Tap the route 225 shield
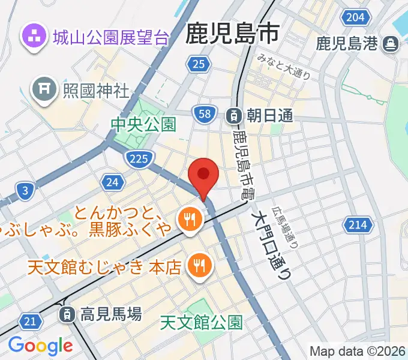pos(139,158)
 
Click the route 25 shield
pos(198,64)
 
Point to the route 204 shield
pos(356,17)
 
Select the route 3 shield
pos(24,191)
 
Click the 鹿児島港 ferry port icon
pos(391,43)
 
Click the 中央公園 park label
pos(143,125)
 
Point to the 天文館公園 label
pos(202,323)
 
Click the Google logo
pos(40,346)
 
